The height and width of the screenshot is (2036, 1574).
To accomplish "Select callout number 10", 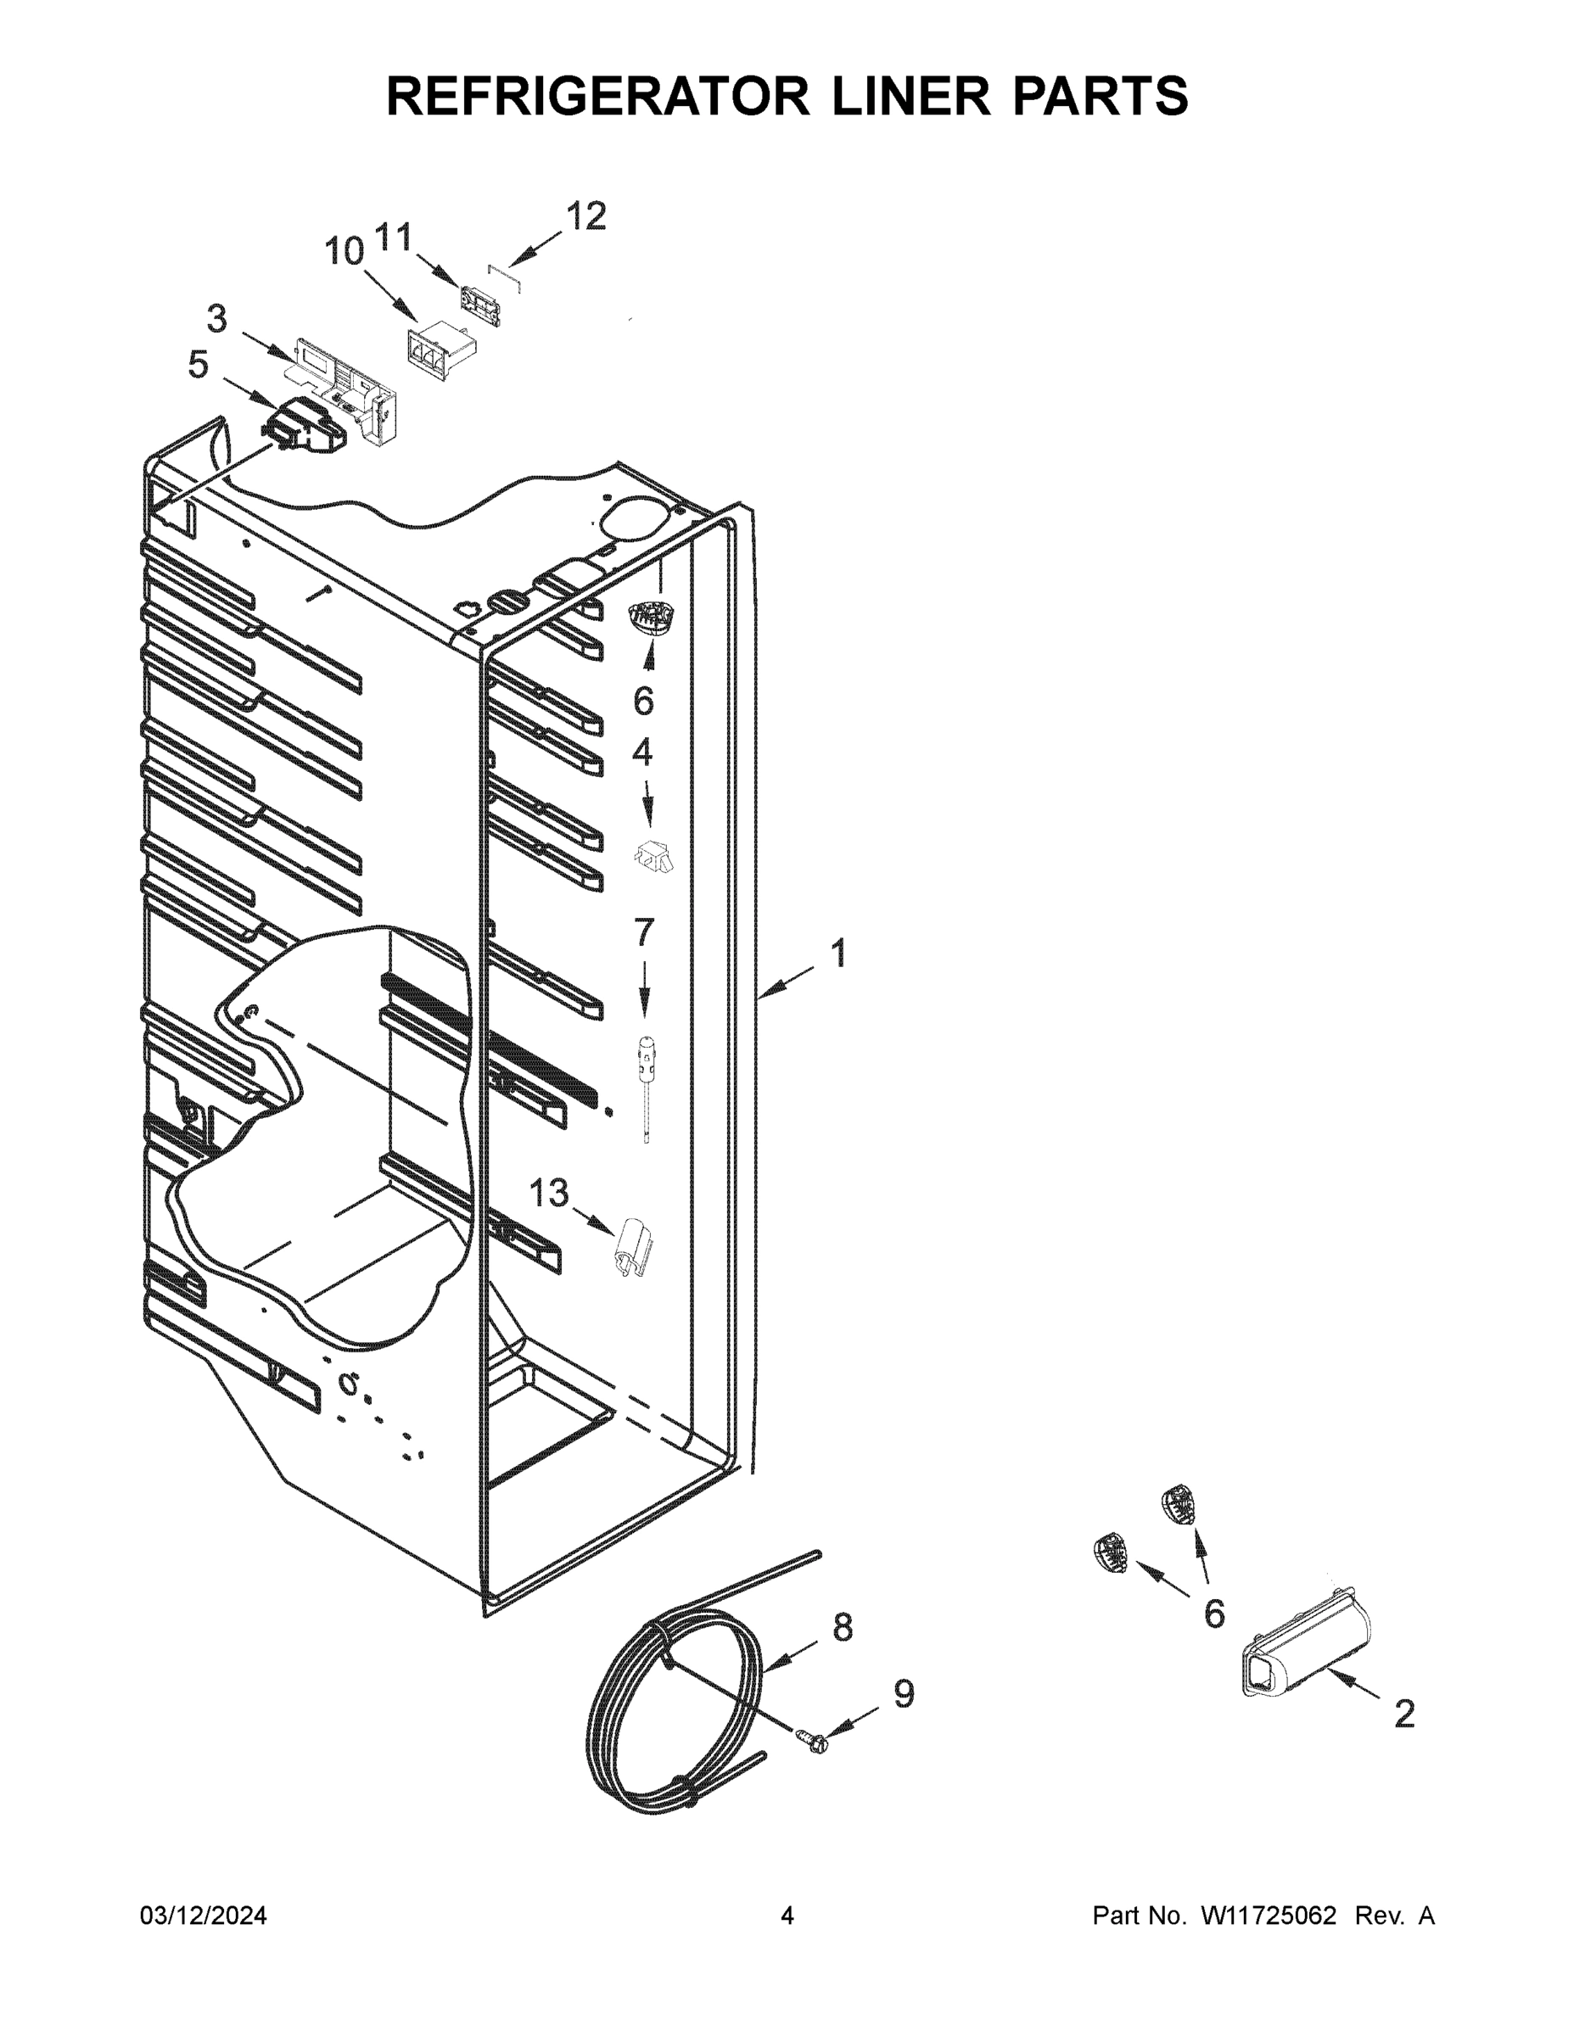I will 344,251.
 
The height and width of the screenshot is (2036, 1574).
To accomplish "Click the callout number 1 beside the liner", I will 838,954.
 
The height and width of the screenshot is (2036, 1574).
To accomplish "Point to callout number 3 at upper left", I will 216,320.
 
